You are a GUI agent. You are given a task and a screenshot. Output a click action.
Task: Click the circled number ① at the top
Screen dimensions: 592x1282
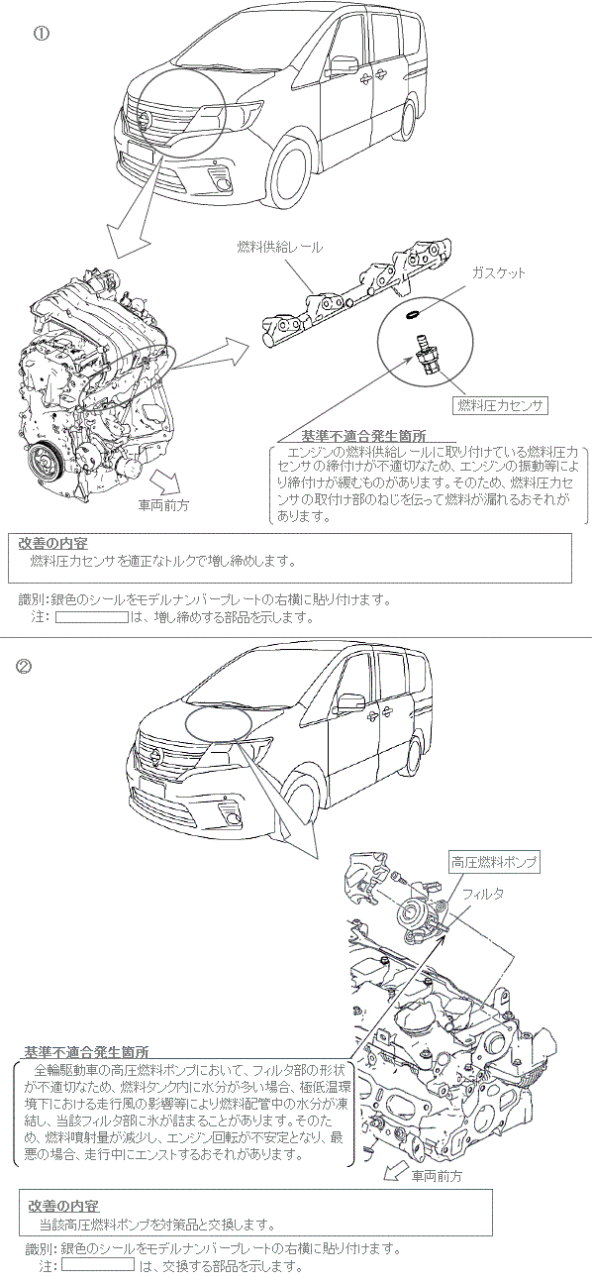[x=42, y=34]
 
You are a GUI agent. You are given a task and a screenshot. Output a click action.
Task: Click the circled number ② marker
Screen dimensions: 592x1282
[x=24, y=667]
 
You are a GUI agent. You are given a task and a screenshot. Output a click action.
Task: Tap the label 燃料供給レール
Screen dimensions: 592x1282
[x=279, y=248]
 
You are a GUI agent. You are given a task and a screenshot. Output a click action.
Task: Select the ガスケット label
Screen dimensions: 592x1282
[x=498, y=273]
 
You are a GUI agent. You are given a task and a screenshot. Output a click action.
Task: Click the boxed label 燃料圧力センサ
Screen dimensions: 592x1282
[x=499, y=406]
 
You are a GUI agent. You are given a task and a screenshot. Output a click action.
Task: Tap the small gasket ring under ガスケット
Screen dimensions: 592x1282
[x=413, y=314]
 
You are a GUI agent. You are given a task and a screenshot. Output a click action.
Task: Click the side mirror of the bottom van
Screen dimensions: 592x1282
[x=350, y=703]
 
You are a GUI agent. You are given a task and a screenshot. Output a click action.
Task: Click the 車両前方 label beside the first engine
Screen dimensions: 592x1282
[x=163, y=505]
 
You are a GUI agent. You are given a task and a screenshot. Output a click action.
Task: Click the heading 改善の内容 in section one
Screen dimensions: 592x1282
[x=53, y=543]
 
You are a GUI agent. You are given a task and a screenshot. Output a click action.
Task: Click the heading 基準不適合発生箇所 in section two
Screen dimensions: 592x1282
[x=86, y=1051]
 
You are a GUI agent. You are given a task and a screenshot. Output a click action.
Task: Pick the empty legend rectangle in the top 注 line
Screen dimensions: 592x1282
[x=91, y=617]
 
